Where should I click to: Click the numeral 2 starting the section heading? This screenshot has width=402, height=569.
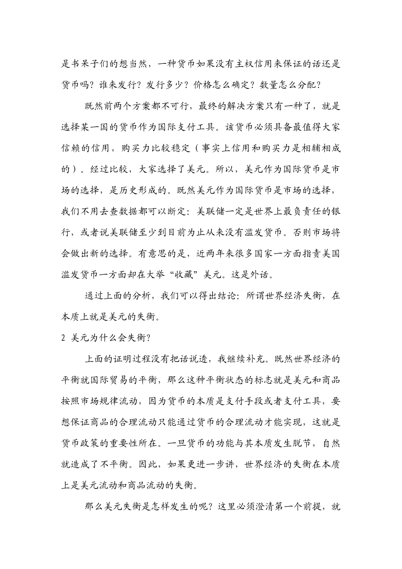pyautogui.click(x=64, y=338)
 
